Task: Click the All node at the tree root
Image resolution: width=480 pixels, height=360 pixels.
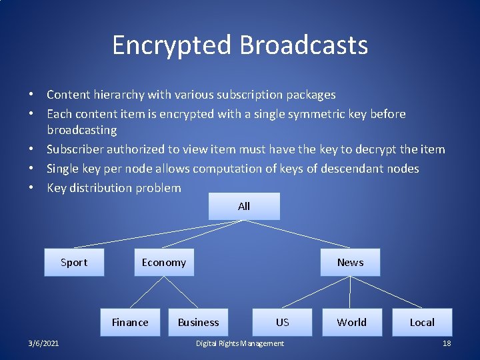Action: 244,207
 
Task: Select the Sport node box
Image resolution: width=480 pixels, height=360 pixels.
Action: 74,262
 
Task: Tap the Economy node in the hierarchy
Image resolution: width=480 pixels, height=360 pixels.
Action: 163,262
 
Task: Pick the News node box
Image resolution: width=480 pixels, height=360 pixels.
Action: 350,262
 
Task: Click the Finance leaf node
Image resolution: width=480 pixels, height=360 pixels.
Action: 130,322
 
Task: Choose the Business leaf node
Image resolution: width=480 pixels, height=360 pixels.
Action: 198,322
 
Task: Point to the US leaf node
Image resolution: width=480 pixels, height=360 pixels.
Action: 282,322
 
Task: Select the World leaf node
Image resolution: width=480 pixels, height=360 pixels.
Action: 351,322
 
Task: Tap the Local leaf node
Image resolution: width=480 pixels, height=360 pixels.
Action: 421,322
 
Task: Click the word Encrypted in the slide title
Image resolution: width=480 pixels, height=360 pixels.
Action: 172,45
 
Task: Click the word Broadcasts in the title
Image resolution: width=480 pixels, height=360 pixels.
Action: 303,45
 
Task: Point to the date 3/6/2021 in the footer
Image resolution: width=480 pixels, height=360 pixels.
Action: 43,343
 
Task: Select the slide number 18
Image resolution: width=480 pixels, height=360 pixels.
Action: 447,343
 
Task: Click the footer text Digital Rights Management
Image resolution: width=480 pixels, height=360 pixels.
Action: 240,343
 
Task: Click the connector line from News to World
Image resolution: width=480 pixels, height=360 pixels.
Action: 351,292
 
